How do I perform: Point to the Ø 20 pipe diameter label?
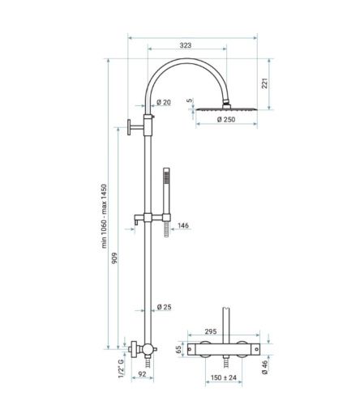(x=163, y=103)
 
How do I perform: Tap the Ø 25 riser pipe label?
(x=165, y=306)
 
